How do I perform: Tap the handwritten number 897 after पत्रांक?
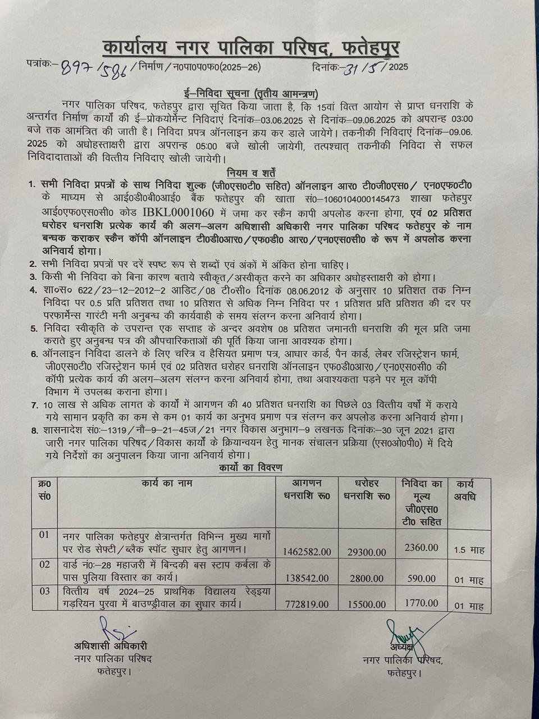pos(77,67)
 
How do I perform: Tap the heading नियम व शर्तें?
pos(252,172)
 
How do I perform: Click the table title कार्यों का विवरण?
pos(251,467)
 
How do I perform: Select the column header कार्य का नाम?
pos(167,483)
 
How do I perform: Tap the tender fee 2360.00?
pos(421,547)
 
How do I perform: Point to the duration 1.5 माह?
pos(469,550)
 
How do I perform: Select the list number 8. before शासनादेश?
pos(34,431)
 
